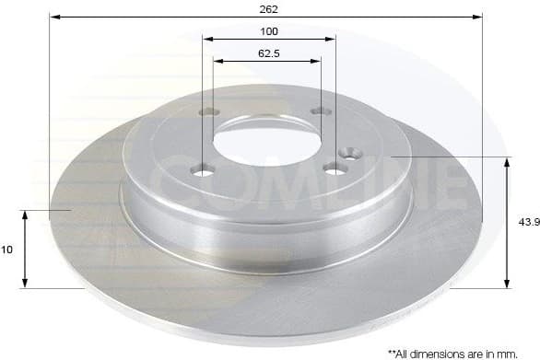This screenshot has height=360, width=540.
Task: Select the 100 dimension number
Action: [269, 31]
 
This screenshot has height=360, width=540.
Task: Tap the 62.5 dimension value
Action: [268, 53]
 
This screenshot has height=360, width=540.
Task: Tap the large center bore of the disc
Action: [266, 145]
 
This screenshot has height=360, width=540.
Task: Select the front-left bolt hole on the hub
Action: [202, 171]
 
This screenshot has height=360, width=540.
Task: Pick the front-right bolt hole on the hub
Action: [335, 168]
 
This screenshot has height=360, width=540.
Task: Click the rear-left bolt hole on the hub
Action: [209, 112]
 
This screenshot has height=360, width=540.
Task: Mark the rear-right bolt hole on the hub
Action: [320, 111]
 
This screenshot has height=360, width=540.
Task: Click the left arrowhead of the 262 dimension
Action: [54, 17]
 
